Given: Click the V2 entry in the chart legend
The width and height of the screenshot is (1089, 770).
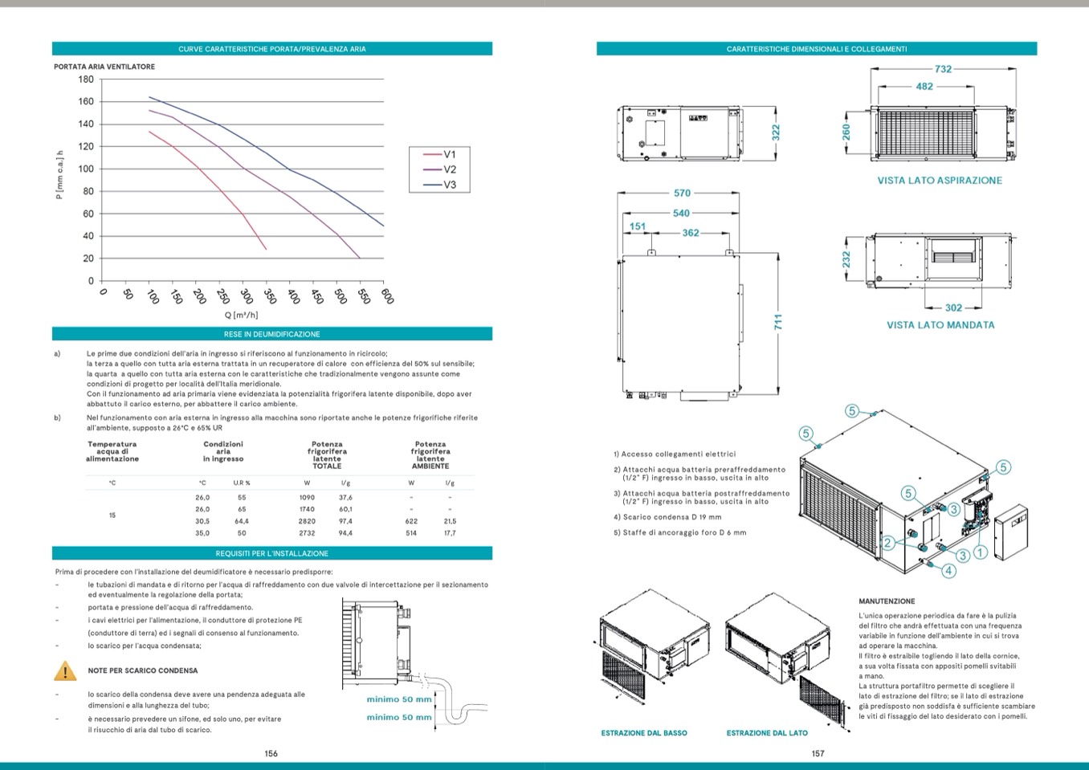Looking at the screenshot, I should [449, 169].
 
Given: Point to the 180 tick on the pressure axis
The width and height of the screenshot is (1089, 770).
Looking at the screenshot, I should [86, 79].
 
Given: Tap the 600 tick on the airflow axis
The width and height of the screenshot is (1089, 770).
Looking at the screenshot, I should [388, 295].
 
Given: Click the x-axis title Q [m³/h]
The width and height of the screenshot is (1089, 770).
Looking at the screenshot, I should [241, 316].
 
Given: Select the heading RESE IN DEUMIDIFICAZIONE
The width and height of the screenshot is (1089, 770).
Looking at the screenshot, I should [271, 334].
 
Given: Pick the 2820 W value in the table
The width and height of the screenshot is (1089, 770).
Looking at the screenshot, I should [307, 521].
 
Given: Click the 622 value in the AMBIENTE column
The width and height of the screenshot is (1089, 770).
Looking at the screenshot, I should [411, 521].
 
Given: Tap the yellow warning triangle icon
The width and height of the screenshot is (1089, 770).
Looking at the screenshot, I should [65, 671].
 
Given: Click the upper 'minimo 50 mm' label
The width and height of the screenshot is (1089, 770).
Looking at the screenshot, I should [399, 699].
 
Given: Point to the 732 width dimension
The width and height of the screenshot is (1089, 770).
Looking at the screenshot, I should [943, 69].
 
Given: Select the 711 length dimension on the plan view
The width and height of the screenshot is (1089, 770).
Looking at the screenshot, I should [777, 322].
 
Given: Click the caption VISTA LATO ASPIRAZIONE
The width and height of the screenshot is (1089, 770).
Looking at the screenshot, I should [940, 181].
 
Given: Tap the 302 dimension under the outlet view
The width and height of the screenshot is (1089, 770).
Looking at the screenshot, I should [953, 308].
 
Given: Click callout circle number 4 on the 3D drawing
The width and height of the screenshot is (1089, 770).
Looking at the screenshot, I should [948, 571].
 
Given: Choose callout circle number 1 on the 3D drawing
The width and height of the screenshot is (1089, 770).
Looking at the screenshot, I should [980, 552].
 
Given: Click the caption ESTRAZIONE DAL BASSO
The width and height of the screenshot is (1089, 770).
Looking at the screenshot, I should [644, 733].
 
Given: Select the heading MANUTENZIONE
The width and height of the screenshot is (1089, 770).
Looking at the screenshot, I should [887, 601].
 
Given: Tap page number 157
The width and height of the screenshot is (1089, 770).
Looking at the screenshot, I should [818, 753].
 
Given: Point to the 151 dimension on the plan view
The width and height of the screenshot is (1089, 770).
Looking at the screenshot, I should [637, 226].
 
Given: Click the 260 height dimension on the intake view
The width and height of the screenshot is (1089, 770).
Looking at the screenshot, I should [846, 131].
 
